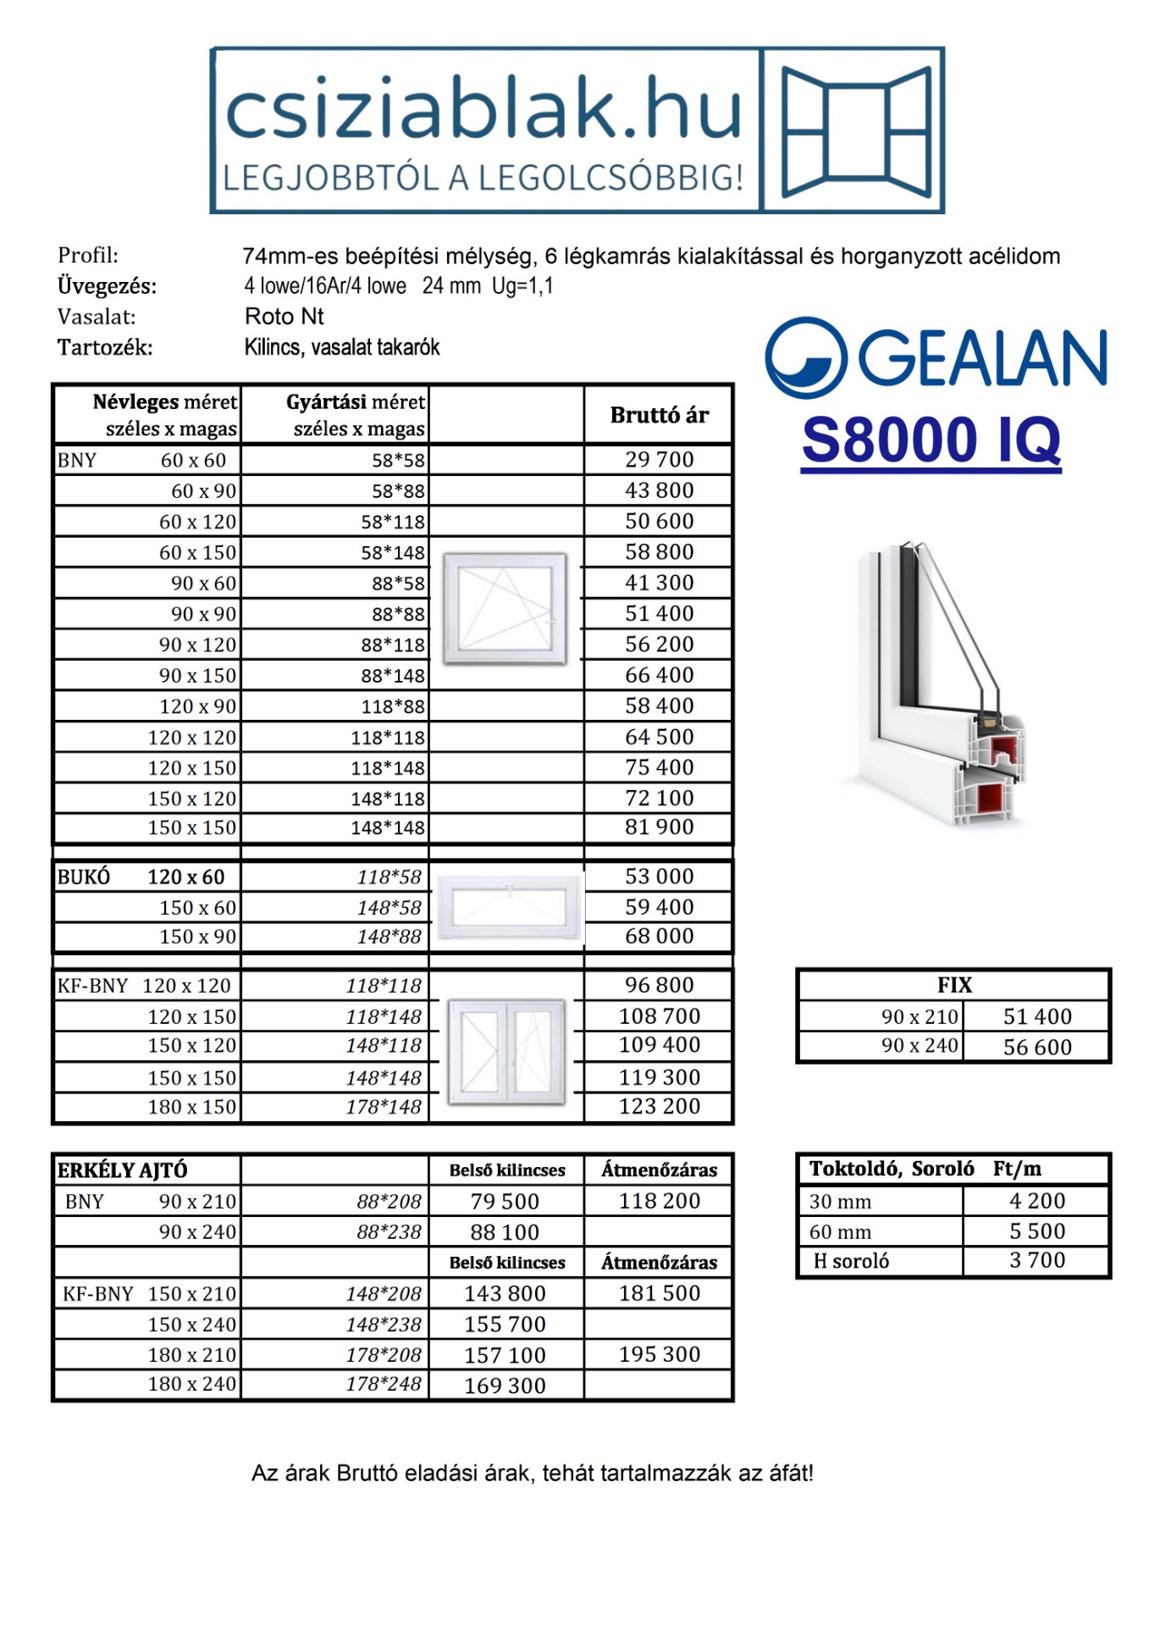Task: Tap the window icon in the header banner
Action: pyautogui.click(x=855, y=131)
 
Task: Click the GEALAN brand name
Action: pyautogui.click(x=982, y=357)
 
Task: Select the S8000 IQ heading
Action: pyautogui.click(x=931, y=440)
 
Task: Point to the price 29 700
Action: pyautogui.click(x=659, y=460)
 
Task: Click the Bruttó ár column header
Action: pyautogui.click(x=659, y=415)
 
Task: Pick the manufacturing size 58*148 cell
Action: pyautogui.click(x=393, y=553)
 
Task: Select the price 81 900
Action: pyautogui.click(x=659, y=827)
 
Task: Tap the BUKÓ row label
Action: pyautogui.click(x=84, y=877)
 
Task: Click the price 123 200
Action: pyautogui.click(x=659, y=1107)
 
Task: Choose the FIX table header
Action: pyautogui.click(x=954, y=985)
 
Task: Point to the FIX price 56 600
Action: pyautogui.click(x=1037, y=1048)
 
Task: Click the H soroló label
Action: pyautogui.click(x=851, y=1262)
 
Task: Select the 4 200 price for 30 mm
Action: pyautogui.click(x=1037, y=1201)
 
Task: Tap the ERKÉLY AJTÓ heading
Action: pyautogui.click(x=122, y=1170)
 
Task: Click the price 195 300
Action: pyautogui.click(x=659, y=1355)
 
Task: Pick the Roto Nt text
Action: pyautogui.click(x=284, y=317)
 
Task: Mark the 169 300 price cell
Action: pyautogui.click(x=505, y=1386)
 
